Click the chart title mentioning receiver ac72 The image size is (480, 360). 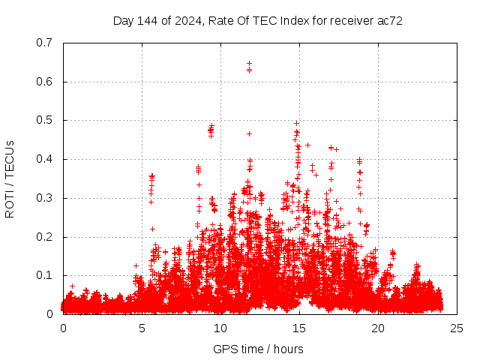(257, 21)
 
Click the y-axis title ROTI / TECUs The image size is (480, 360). (10, 178)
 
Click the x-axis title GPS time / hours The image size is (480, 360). (258, 349)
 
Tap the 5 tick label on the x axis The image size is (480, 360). (142, 328)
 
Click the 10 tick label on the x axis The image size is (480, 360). (220, 328)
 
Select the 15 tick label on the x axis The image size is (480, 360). (299, 328)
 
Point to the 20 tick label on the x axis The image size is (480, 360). (378, 328)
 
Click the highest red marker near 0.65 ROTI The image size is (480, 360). (249, 64)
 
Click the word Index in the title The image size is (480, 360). (295, 21)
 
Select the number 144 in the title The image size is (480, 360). (148, 21)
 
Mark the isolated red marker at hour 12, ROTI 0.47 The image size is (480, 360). (249, 133)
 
